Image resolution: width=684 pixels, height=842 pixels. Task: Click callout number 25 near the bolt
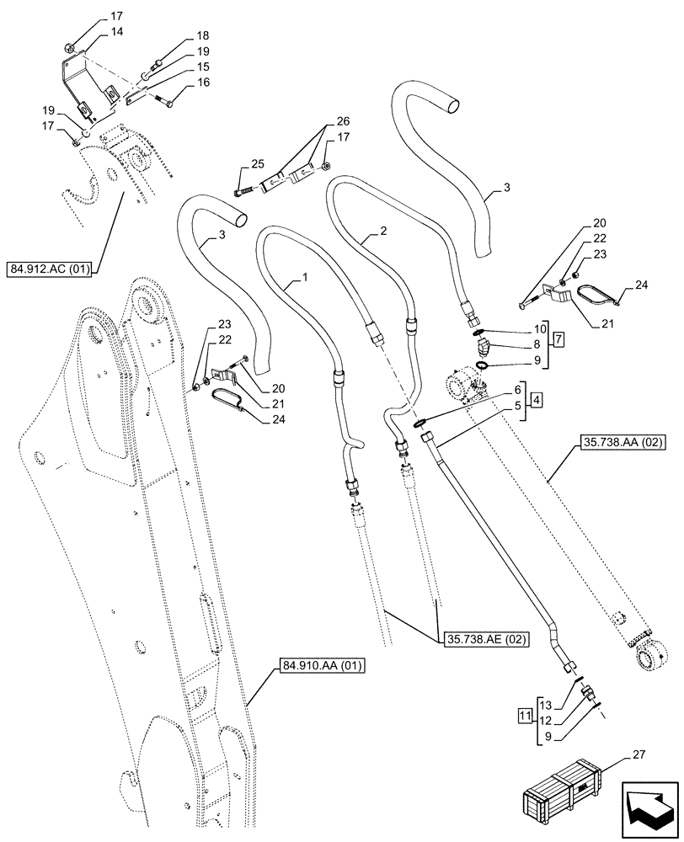[x=233, y=163]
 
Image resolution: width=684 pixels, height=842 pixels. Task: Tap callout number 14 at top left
[x=116, y=31]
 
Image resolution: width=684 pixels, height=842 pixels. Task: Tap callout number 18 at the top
[x=179, y=37]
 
